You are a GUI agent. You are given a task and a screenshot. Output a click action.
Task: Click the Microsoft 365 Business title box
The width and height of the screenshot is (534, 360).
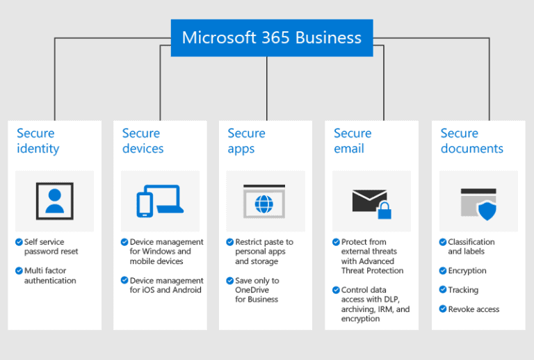pyautogui.click(x=271, y=38)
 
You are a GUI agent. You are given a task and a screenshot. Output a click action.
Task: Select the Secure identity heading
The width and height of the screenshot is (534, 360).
pyautogui.click(x=38, y=140)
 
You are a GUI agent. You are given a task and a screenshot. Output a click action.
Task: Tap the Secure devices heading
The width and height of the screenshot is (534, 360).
pyautogui.click(x=143, y=140)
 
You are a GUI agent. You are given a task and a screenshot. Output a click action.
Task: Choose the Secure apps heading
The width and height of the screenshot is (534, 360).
pyautogui.click(x=246, y=140)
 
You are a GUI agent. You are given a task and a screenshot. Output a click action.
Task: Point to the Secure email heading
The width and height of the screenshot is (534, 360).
pyautogui.click(x=353, y=140)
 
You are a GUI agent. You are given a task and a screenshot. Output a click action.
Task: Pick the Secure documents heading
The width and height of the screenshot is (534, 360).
pyautogui.click(x=471, y=140)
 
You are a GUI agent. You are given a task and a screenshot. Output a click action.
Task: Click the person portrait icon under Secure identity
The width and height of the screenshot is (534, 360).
pyautogui.click(x=54, y=201)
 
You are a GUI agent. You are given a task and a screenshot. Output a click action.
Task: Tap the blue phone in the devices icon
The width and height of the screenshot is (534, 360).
pyautogui.click(x=145, y=204)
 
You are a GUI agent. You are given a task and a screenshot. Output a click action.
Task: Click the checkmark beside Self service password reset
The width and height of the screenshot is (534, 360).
pyautogui.click(x=19, y=242)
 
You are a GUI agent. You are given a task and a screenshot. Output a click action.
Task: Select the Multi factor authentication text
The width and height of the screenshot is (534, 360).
pyautogui.click(x=50, y=275)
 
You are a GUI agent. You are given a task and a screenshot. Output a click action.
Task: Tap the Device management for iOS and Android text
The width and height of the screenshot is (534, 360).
pyautogui.click(x=166, y=285)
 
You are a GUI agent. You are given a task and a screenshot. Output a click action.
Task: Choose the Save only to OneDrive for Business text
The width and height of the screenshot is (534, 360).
pyautogui.click(x=257, y=290)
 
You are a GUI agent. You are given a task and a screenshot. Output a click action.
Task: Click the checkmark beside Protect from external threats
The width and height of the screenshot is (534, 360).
pyautogui.click(x=336, y=242)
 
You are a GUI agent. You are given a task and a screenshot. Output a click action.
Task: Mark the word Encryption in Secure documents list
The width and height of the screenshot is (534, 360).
pyautogui.click(x=467, y=271)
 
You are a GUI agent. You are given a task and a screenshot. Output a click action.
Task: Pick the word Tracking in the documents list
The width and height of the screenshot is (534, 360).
pyautogui.click(x=463, y=290)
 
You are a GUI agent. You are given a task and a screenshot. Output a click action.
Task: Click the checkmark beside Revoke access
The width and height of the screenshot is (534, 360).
pyautogui.click(x=442, y=309)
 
